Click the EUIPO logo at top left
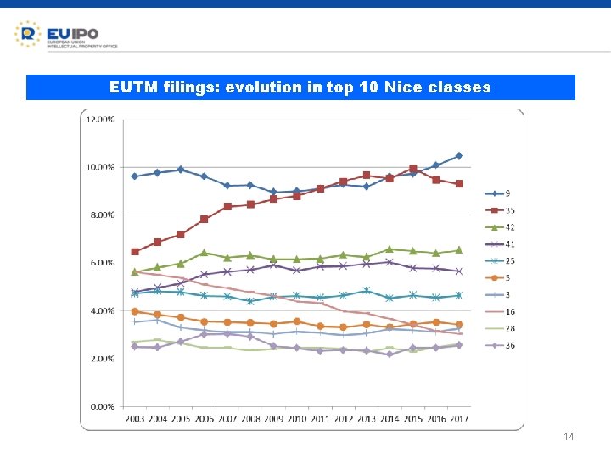(x=65, y=35)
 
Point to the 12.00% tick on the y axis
(x=100, y=120)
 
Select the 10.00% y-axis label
(x=100, y=168)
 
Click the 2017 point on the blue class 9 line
(x=459, y=155)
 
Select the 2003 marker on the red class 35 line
(x=135, y=252)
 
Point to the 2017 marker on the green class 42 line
(x=459, y=249)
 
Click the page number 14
(x=569, y=437)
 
